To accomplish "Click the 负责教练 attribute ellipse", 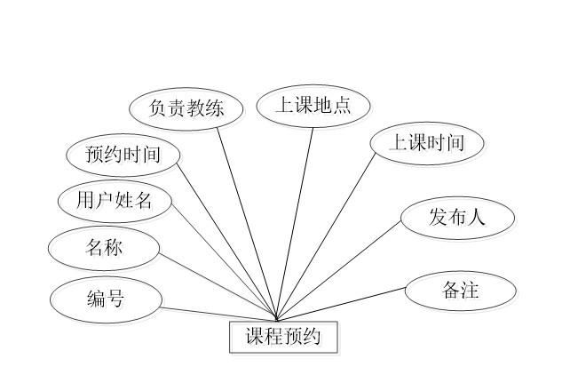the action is (187, 111).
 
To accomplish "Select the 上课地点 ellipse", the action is (315, 108).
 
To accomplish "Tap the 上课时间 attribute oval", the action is (429, 145).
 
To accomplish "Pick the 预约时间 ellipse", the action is (125, 157).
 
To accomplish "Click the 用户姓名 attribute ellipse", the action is (116, 203).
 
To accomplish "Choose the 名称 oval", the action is (107, 250).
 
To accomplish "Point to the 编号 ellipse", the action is (107, 301).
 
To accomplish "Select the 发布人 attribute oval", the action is (459, 219).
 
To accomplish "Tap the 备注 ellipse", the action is (462, 292).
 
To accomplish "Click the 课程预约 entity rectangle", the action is (285, 339).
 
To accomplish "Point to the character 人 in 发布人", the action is (479, 219).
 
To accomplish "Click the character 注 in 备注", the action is (472, 292).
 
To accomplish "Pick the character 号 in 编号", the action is (118, 301).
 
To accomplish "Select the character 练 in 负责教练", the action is (216, 111).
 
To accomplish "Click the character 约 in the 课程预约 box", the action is (315, 339).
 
